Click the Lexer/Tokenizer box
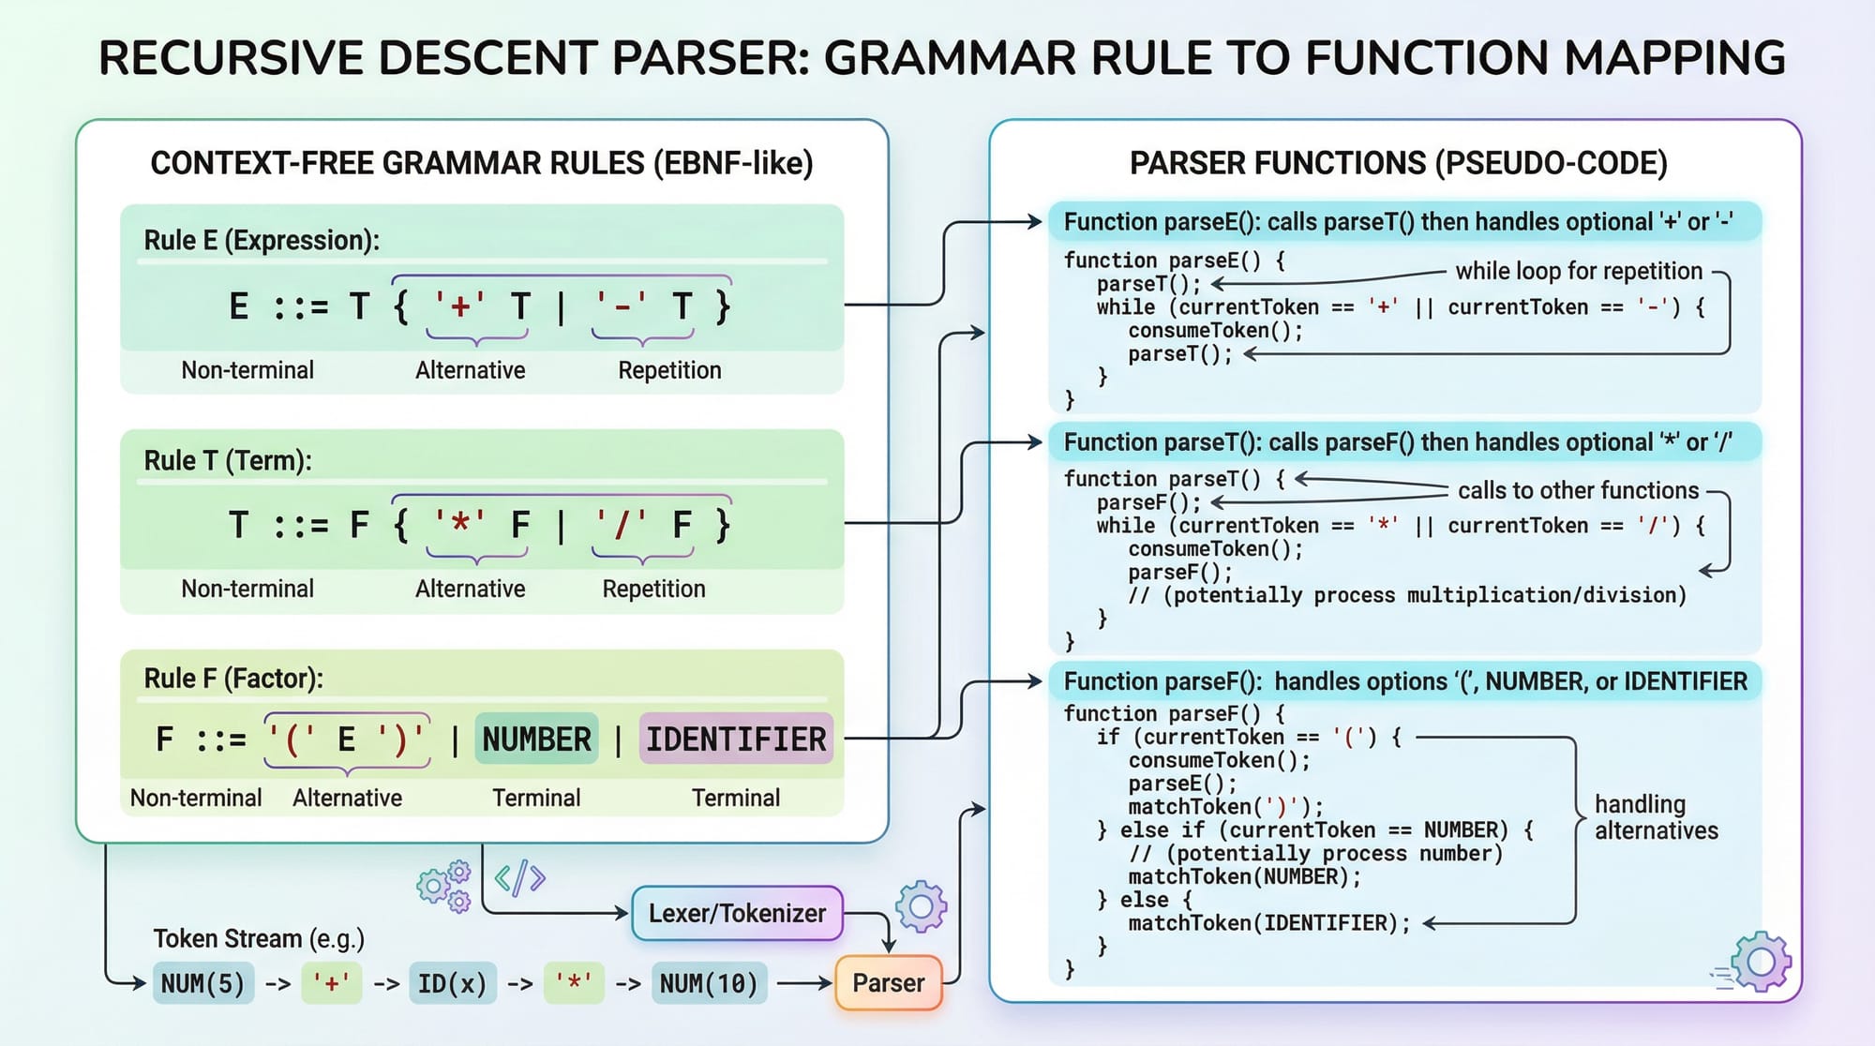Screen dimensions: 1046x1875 pos(737,913)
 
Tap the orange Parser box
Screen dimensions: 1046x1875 pos(888,982)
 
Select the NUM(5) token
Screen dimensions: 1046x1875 pos(202,983)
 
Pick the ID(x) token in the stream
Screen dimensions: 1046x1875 pos(452,983)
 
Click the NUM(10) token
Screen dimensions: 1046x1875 pos(708,983)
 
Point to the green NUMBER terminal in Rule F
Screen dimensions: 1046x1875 pos(536,740)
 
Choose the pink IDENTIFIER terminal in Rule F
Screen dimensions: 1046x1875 pos(736,740)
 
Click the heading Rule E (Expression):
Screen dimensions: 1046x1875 pos(262,240)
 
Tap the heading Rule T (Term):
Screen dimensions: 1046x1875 pos(228,460)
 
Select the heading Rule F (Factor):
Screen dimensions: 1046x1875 pos(233,678)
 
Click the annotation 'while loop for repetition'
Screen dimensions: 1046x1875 pos(1579,271)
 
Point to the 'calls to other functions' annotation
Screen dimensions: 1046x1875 pos(1578,490)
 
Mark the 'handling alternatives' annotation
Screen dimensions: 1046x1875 pos(1656,817)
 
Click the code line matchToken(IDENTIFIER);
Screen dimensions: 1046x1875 pos(1268,923)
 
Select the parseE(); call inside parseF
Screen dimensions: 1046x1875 pos(1182,784)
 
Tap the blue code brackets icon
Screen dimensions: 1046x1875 pos(519,877)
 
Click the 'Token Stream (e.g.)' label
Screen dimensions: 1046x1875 pos(259,938)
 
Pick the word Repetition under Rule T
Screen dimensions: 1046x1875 pos(653,589)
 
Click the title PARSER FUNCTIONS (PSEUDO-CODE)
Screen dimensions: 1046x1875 pos(1398,163)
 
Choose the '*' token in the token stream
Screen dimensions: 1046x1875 pos(574,983)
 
